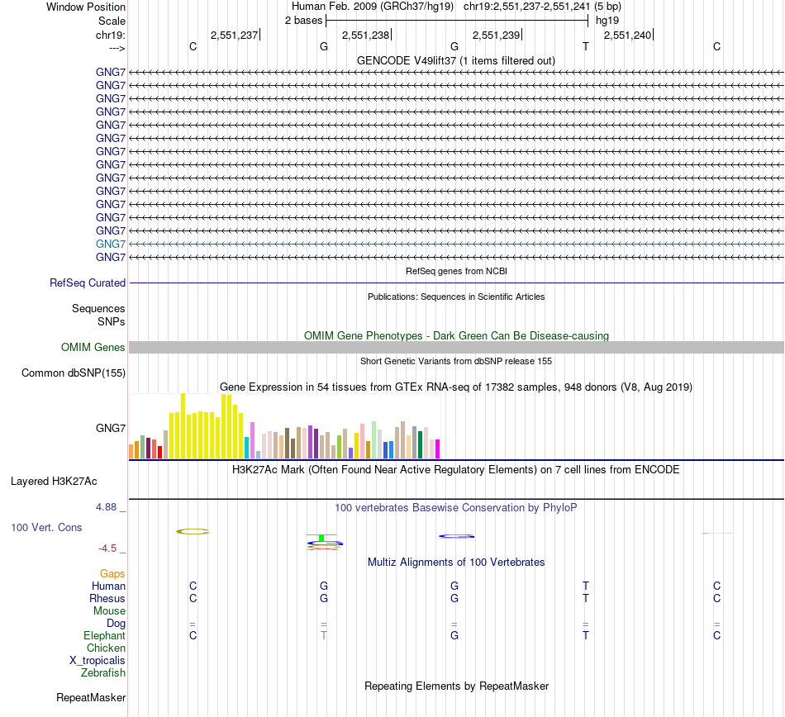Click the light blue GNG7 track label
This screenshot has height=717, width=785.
111,244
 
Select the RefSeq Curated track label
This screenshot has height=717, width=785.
88,283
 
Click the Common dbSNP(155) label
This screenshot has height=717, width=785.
74,373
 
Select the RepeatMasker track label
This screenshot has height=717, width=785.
91,697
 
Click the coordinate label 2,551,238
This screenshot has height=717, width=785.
365,35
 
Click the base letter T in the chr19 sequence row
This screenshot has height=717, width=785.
586,46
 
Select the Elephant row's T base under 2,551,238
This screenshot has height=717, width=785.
324,635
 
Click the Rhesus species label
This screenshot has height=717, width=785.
107,598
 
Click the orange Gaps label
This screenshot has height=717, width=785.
112,573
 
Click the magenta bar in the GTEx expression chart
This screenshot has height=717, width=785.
437,449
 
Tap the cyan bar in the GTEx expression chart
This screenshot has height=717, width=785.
247,447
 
